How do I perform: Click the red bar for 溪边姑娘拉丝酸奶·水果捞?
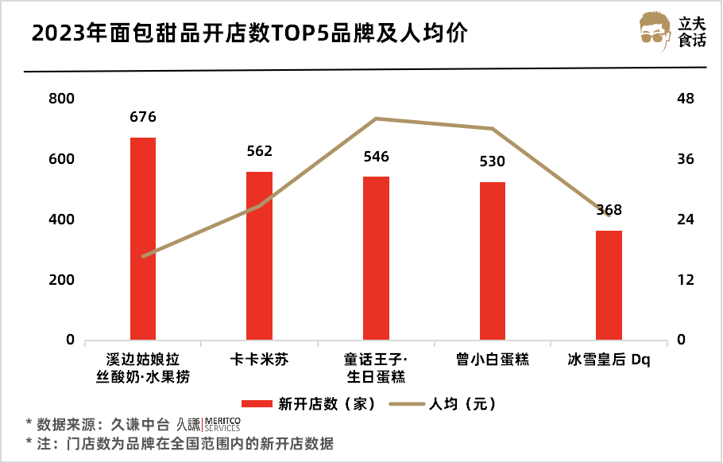point(143,239)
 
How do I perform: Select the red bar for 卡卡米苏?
point(259,255)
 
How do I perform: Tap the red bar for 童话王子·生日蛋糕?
point(376,258)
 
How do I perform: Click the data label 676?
point(143,118)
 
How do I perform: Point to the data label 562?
point(259,152)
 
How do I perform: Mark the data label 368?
point(609,211)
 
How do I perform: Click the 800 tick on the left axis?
point(61,99)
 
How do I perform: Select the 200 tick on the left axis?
point(61,280)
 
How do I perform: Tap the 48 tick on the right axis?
point(685,99)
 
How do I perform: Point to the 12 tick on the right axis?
point(685,280)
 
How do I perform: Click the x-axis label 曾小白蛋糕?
point(493,360)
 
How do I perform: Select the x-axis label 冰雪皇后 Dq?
point(609,360)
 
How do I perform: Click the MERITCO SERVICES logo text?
point(222,423)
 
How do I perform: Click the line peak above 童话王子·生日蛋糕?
point(376,119)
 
